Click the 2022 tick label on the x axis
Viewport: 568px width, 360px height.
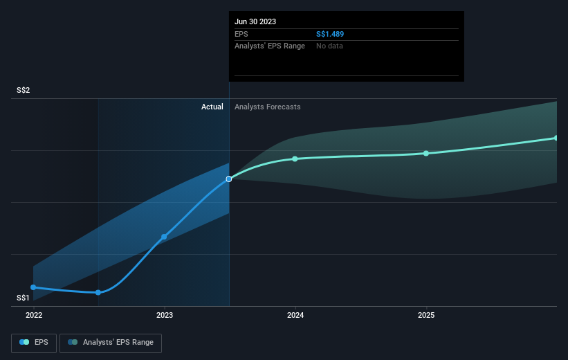coord(33,314)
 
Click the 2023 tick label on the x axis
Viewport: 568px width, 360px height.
coord(165,314)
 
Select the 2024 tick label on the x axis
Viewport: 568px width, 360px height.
coord(295,314)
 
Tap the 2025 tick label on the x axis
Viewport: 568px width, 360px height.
coord(426,314)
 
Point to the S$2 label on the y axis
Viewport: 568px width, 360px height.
coord(24,91)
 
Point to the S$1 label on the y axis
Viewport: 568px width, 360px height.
coord(24,298)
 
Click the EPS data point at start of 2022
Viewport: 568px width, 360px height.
coord(33,287)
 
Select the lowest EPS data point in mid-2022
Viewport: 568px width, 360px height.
coord(98,292)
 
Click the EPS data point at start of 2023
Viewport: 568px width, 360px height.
coord(164,237)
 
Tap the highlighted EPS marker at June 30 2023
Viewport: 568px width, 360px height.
coord(229,179)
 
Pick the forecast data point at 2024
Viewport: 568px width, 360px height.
coord(295,159)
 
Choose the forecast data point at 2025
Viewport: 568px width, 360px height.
coord(426,153)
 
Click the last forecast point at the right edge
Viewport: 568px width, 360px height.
coord(556,138)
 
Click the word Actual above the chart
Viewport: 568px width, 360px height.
coord(212,107)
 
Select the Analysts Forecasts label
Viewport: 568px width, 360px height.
coord(268,107)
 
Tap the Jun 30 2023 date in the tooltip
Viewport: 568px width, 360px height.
coord(255,21)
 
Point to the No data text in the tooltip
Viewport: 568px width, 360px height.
coord(329,46)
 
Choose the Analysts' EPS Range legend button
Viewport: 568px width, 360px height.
coord(111,342)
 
